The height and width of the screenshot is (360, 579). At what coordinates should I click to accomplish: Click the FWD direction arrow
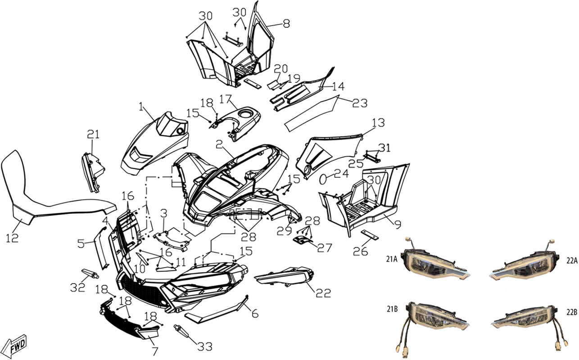pos(17,346)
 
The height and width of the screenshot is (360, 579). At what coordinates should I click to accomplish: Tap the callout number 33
pos(205,346)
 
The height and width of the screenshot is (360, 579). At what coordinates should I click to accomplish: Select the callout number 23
pos(360,103)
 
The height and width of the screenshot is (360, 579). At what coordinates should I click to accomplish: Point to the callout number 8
pos(286,23)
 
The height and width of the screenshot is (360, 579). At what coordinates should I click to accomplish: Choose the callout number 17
pos(226,99)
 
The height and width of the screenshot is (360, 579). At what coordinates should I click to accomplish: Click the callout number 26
pos(360,251)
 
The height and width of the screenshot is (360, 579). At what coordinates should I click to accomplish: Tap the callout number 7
pos(155,351)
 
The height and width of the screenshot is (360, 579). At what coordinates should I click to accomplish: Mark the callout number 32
pos(78,287)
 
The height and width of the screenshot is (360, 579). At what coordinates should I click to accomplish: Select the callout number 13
pos(378,123)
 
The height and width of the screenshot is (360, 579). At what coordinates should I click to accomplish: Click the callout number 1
pos(141,107)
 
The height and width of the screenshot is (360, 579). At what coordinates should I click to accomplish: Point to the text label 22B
pos(572,312)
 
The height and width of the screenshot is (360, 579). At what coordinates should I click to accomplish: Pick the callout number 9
pos(398,224)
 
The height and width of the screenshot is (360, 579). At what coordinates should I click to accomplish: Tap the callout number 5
pos(81,243)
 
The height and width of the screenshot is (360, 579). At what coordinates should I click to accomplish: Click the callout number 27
pos(325,248)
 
